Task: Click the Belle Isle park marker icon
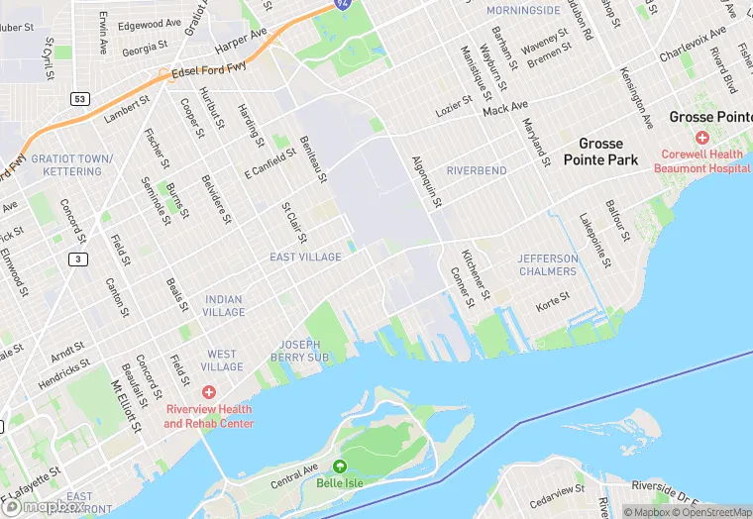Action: click(340, 467)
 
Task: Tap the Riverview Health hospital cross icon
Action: click(208, 393)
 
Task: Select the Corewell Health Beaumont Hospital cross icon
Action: click(701, 137)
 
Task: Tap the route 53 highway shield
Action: click(80, 99)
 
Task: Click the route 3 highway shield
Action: click(76, 259)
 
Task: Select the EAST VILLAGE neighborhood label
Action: click(305, 258)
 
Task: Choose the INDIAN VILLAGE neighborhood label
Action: click(224, 306)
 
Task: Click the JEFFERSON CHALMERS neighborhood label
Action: click(547, 264)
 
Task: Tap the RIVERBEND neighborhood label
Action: click(477, 170)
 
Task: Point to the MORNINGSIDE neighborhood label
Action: click(523, 10)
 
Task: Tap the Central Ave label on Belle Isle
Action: click(295, 474)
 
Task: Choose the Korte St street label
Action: click(552, 297)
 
